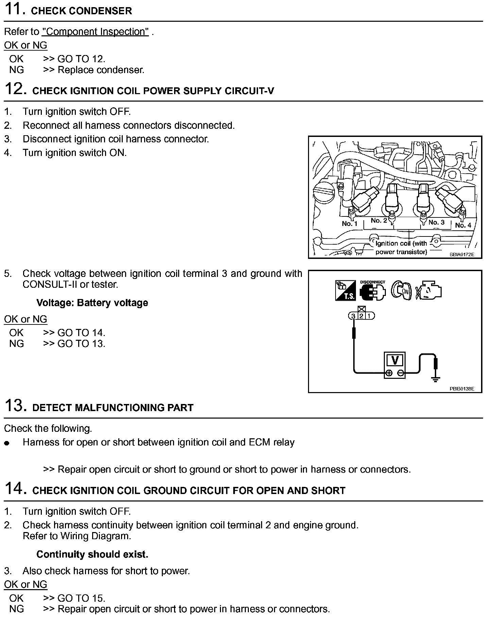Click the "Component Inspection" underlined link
[95, 32]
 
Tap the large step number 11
[15, 9]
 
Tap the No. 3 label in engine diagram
[437, 222]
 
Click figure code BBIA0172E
[462, 254]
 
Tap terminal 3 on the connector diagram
[353, 316]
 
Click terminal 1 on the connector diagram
[370, 316]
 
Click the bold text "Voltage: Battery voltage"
[92, 303]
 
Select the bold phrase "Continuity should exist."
[92, 554]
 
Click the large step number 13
[15, 406]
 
